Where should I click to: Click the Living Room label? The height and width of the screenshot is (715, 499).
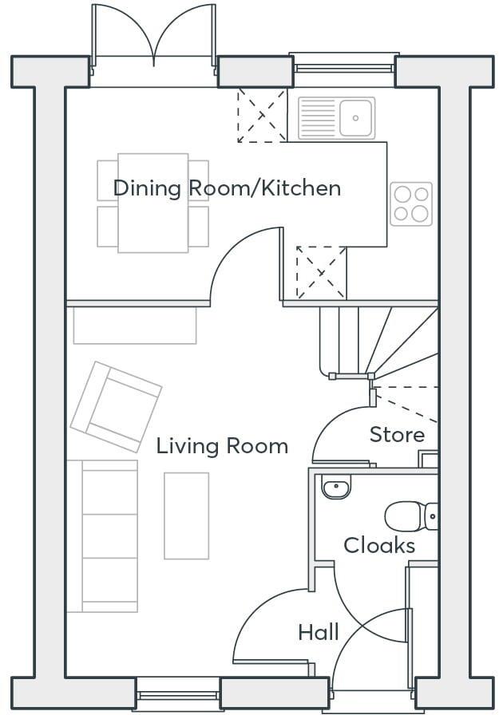coord(222,445)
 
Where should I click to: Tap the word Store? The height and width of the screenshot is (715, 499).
coord(397,435)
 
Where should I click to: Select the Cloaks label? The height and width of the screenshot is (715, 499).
coord(379,546)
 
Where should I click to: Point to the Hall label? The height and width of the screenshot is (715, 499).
coord(319,633)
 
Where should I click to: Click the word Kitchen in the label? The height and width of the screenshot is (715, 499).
coord(302,188)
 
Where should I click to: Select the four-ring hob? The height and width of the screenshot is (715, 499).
coord(411,203)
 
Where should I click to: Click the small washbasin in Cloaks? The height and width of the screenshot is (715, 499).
coord(336,487)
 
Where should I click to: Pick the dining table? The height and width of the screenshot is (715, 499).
coord(153,203)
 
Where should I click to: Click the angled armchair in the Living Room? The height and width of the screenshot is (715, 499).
coord(116,406)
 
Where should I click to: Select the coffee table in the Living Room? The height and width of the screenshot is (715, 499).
coord(186,516)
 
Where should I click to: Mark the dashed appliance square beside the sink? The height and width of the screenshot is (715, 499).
coord(262,117)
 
